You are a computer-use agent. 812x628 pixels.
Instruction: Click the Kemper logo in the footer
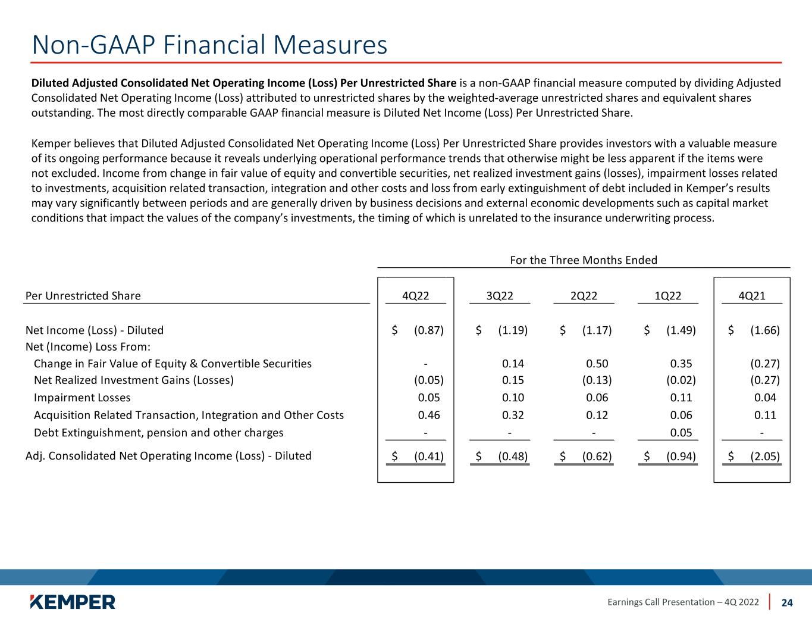pyautogui.click(x=73, y=602)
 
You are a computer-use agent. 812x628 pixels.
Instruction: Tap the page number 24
pyautogui.click(x=787, y=602)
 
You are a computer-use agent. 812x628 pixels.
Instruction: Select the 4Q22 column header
pyautogui.click(x=416, y=296)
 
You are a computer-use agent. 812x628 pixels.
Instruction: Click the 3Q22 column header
pyautogui.click(x=500, y=296)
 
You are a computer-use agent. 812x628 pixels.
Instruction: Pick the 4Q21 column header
pyautogui.click(x=751, y=296)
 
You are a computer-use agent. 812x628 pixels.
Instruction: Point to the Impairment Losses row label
pyautogui.click(x=82, y=398)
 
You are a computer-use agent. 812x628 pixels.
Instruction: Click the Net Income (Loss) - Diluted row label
pyautogui.click(x=95, y=330)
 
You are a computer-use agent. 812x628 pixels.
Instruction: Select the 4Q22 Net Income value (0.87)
pyautogui.click(x=428, y=330)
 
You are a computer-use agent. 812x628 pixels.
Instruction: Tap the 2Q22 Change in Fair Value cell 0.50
pyautogui.click(x=597, y=364)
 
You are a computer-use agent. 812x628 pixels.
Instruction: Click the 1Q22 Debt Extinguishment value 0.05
pyautogui.click(x=681, y=433)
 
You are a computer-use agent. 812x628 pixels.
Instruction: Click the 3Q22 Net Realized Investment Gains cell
pyautogui.click(x=513, y=380)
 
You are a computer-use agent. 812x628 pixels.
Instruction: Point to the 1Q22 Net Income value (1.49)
pyautogui.click(x=681, y=330)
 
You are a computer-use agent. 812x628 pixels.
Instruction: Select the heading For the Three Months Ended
pyautogui.click(x=584, y=260)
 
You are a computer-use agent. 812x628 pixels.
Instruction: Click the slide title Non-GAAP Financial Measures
pyautogui.click(x=209, y=45)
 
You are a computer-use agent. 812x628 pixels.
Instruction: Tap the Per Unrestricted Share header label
pyautogui.click(x=83, y=296)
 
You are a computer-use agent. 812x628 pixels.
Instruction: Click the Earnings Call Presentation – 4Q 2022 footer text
pyautogui.click(x=683, y=602)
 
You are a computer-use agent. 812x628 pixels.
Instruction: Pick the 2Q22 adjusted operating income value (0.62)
pyautogui.click(x=597, y=456)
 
